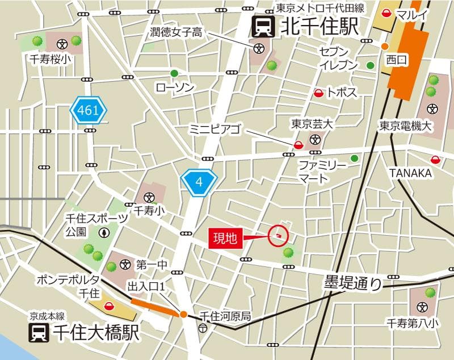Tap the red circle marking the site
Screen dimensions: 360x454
(x=278, y=235)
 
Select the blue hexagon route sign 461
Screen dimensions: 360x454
(x=89, y=111)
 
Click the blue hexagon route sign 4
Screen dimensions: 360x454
(x=199, y=182)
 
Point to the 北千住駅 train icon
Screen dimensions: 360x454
(x=263, y=27)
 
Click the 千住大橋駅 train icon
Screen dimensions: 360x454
(x=39, y=333)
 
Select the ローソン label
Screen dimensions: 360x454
(x=175, y=87)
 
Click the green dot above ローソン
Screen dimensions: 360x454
(x=174, y=73)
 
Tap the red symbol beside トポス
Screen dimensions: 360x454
(x=319, y=93)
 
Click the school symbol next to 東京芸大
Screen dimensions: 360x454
(x=315, y=139)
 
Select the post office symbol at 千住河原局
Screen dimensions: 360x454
(x=203, y=329)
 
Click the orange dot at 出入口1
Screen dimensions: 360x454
(x=183, y=314)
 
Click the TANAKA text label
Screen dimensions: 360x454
(x=410, y=173)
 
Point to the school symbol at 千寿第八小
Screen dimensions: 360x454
(x=422, y=307)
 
